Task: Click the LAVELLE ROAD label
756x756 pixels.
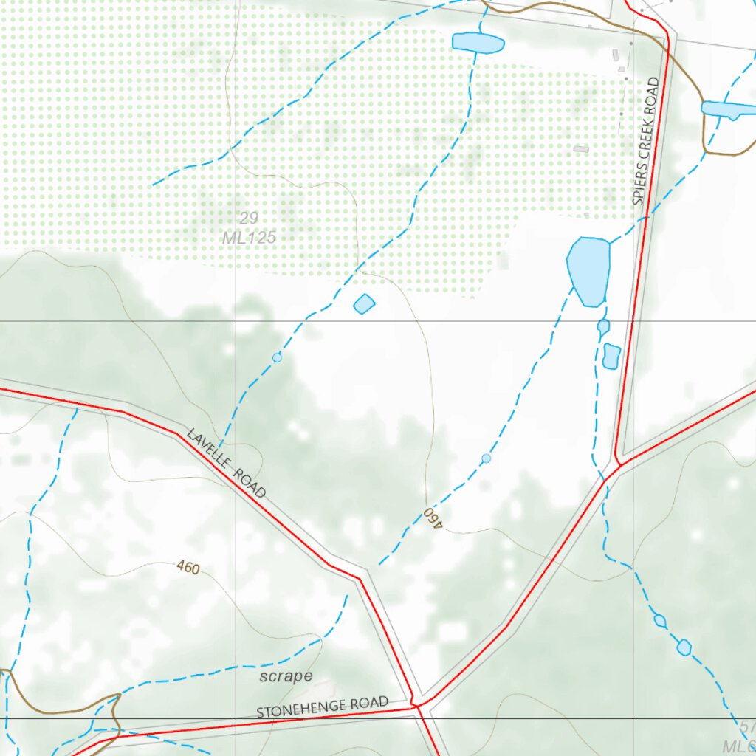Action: (226, 462)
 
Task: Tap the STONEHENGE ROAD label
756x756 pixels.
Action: (322, 707)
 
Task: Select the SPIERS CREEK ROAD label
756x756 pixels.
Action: (645, 141)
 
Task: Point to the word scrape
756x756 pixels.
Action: (286, 676)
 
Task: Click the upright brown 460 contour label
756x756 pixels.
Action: (188, 568)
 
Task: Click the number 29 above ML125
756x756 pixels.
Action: (248, 218)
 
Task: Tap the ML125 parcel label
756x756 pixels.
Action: (249, 238)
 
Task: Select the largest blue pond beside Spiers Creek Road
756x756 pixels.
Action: (589, 270)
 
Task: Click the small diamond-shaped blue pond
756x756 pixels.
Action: (364, 303)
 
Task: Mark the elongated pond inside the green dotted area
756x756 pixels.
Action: (478, 43)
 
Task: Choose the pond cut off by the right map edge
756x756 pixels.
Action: (729, 110)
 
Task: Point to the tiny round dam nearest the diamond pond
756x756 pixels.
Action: (277, 357)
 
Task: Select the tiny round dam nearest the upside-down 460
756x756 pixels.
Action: (486, 458)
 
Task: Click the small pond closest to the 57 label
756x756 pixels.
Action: (684, 647)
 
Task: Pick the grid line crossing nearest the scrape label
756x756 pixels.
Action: (236, 718)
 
